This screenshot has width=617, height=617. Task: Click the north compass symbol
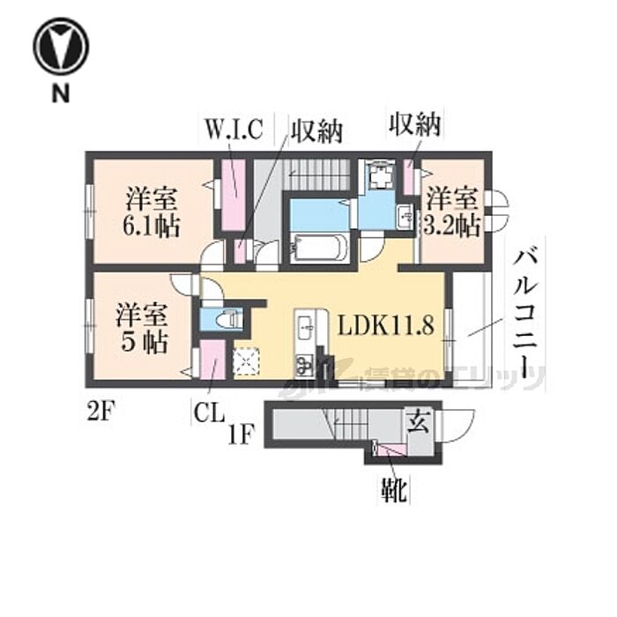60,46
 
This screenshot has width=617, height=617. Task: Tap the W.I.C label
234,130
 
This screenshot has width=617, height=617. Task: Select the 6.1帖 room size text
152,226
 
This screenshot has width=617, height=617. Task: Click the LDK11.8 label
386,327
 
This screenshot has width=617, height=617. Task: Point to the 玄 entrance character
418,424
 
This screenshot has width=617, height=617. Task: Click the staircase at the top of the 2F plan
320,173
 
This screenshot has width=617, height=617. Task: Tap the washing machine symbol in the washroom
382,175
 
